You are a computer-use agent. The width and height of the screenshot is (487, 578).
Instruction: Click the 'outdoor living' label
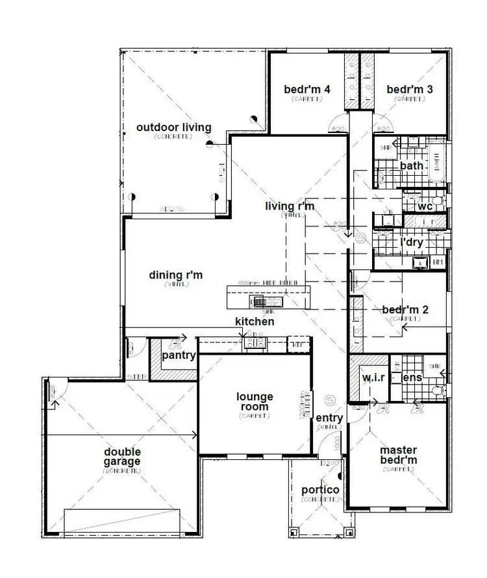click(x=173, y=127)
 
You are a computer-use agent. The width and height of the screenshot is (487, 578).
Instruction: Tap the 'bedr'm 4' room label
click(x=307, y=90)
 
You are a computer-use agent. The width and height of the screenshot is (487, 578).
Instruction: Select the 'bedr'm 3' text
click(x=410, y=90)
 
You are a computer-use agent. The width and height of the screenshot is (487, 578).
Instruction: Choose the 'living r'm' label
click(x=289, y=206)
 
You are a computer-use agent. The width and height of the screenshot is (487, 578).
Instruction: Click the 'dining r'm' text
click(x=176, y=275)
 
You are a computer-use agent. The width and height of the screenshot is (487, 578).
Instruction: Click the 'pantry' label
click(x=179, y=356)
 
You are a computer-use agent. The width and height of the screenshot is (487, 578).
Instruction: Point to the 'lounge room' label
click(x=254, y=402)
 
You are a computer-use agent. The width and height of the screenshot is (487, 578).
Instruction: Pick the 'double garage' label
click(x=121, y=457)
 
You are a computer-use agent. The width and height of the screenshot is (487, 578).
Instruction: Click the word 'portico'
click(x=320, y=490)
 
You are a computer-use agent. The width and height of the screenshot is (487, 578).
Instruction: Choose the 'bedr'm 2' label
click(x=405, y=309)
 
